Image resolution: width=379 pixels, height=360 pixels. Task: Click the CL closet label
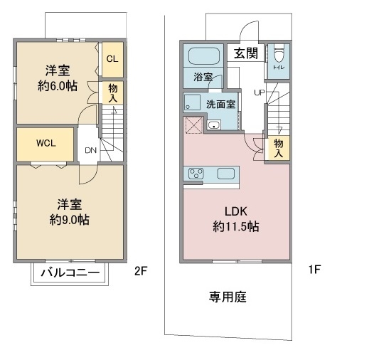(x=112, y=59)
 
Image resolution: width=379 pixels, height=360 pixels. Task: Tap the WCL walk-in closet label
(x=46, y=143)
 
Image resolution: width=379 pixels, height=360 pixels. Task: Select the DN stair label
(x=90, y=150)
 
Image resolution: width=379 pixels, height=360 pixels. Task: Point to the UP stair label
(x=260, y=92)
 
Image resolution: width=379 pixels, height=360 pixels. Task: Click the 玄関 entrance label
(x=246, y=53)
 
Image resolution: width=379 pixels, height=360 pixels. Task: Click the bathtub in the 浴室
(x=204, y=55)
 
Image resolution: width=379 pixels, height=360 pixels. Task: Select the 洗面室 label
(x=220, y=104)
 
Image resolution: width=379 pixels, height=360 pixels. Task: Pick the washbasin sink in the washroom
(x=213, y=125)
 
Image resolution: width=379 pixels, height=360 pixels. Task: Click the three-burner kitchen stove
(x=196, y=174)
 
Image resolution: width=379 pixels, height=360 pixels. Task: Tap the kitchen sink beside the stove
(x=225, y=174)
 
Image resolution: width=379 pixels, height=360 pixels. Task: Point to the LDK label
(x=236, y=211)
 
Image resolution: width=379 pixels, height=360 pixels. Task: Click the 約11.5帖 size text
(x=236, y=227)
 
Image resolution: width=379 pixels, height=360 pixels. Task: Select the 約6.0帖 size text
(x=58, y=86)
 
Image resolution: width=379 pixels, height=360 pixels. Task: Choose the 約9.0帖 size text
(x=70, y=220)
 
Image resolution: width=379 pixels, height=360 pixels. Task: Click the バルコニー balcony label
(x=70, y=273)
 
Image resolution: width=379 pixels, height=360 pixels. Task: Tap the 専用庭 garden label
(x=228, y=297)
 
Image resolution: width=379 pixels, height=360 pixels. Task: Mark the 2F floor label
(x=141, y=271)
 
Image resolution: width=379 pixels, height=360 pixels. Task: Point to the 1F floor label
(x=314, y=269)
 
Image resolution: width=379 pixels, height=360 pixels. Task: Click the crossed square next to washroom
(x=194, y=125)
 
